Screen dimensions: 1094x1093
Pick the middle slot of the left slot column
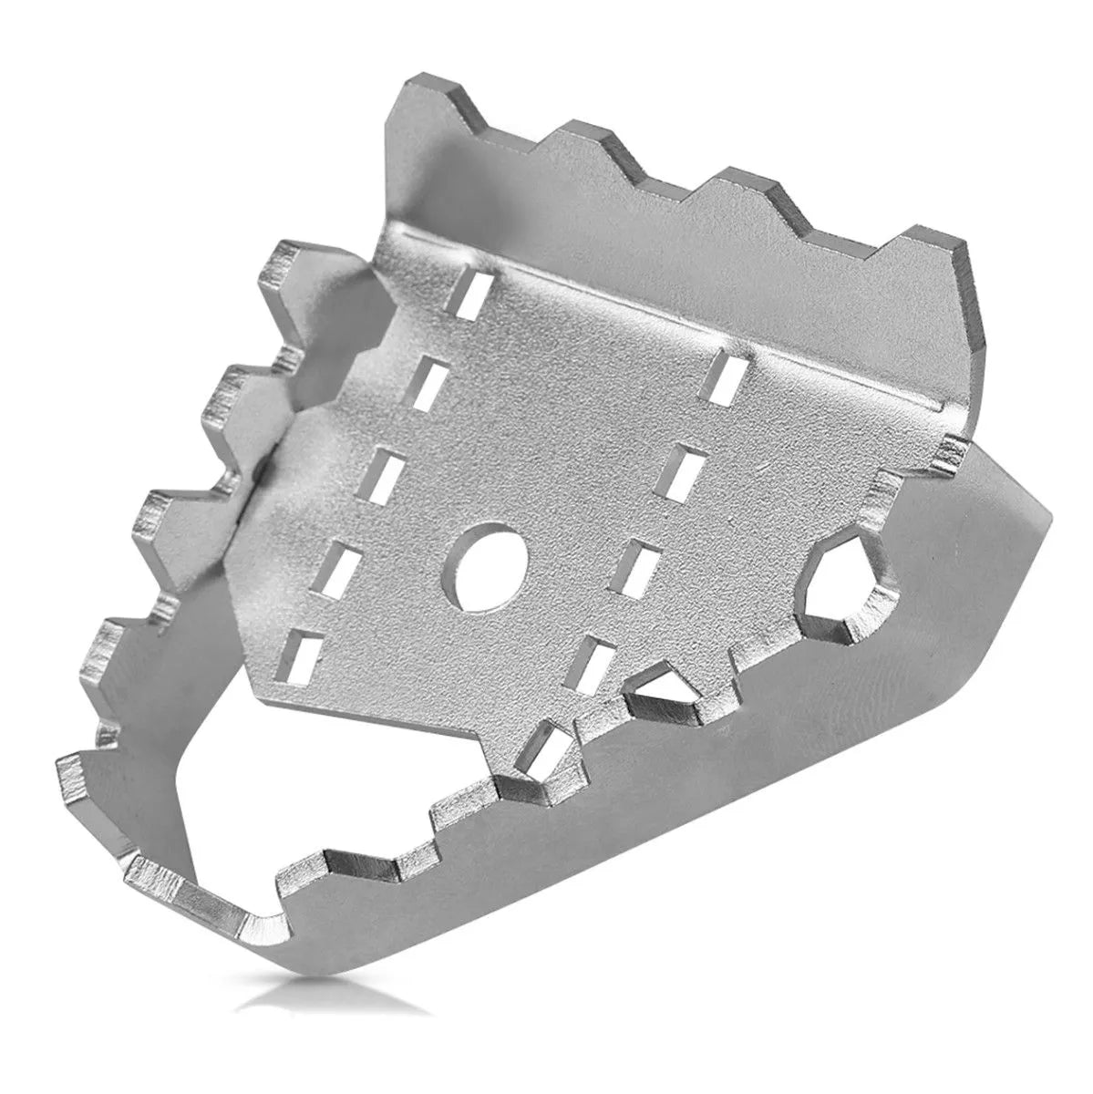[x=383, y=471]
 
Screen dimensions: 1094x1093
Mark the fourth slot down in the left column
[x=339, y=567]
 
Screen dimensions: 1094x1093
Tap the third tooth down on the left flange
[x=169, y=515]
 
